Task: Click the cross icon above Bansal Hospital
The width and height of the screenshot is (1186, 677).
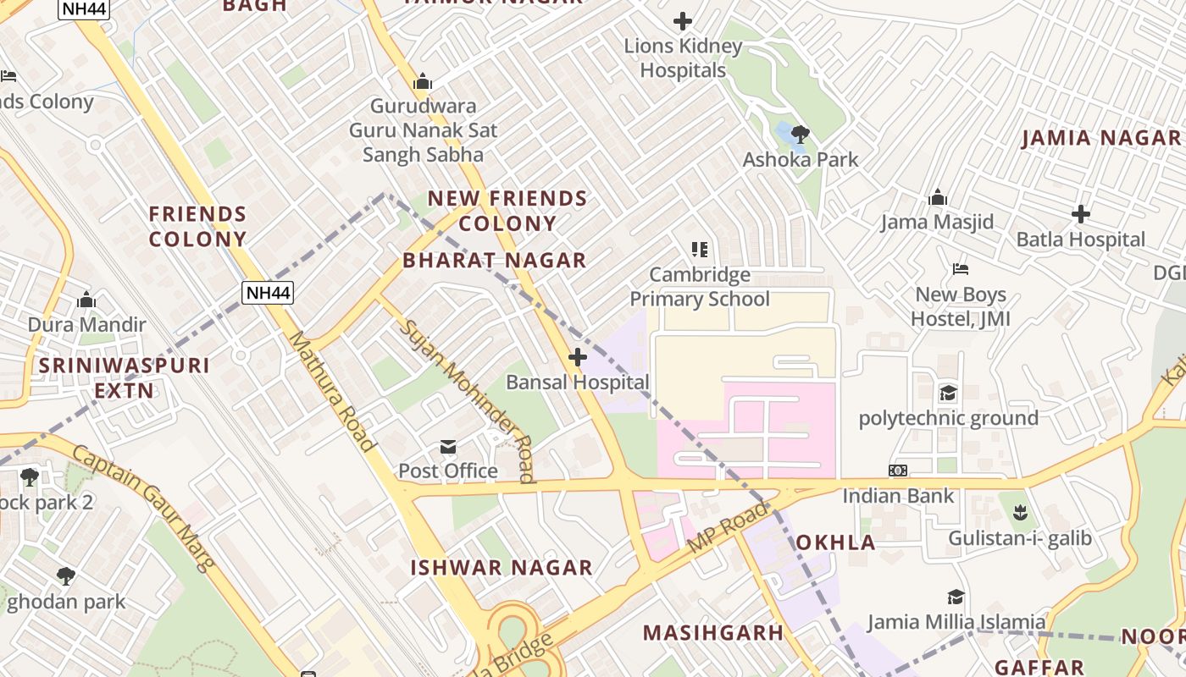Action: (578, 357)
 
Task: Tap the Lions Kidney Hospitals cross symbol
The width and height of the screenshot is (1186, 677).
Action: (683, 21)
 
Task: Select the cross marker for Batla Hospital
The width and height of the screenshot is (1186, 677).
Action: (1081, 214)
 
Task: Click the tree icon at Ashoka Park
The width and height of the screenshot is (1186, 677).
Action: (800, 134)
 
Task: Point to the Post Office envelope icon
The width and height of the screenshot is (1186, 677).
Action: (448, 446)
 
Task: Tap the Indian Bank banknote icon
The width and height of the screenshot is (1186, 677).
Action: (898, 471)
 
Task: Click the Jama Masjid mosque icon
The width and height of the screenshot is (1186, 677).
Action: (938, 197)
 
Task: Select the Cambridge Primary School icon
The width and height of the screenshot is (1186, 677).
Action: (700, 250)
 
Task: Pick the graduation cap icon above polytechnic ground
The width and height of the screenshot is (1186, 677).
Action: (948, 394)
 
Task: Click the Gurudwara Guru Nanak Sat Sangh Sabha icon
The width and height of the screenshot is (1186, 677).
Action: (423, 82)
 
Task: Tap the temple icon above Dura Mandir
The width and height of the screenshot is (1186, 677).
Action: (86, 300)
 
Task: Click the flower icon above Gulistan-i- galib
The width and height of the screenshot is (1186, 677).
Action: (1020, 513)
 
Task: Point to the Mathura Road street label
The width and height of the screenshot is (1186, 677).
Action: (331, 391)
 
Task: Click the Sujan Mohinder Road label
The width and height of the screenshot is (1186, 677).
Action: (468, 401)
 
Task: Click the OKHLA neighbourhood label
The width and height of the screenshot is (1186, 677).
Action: (835, 542)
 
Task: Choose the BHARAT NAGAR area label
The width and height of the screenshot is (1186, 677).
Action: (495, 261)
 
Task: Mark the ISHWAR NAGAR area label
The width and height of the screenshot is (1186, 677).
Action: (502, 568)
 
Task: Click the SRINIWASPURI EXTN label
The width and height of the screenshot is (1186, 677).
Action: (124, 377)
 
